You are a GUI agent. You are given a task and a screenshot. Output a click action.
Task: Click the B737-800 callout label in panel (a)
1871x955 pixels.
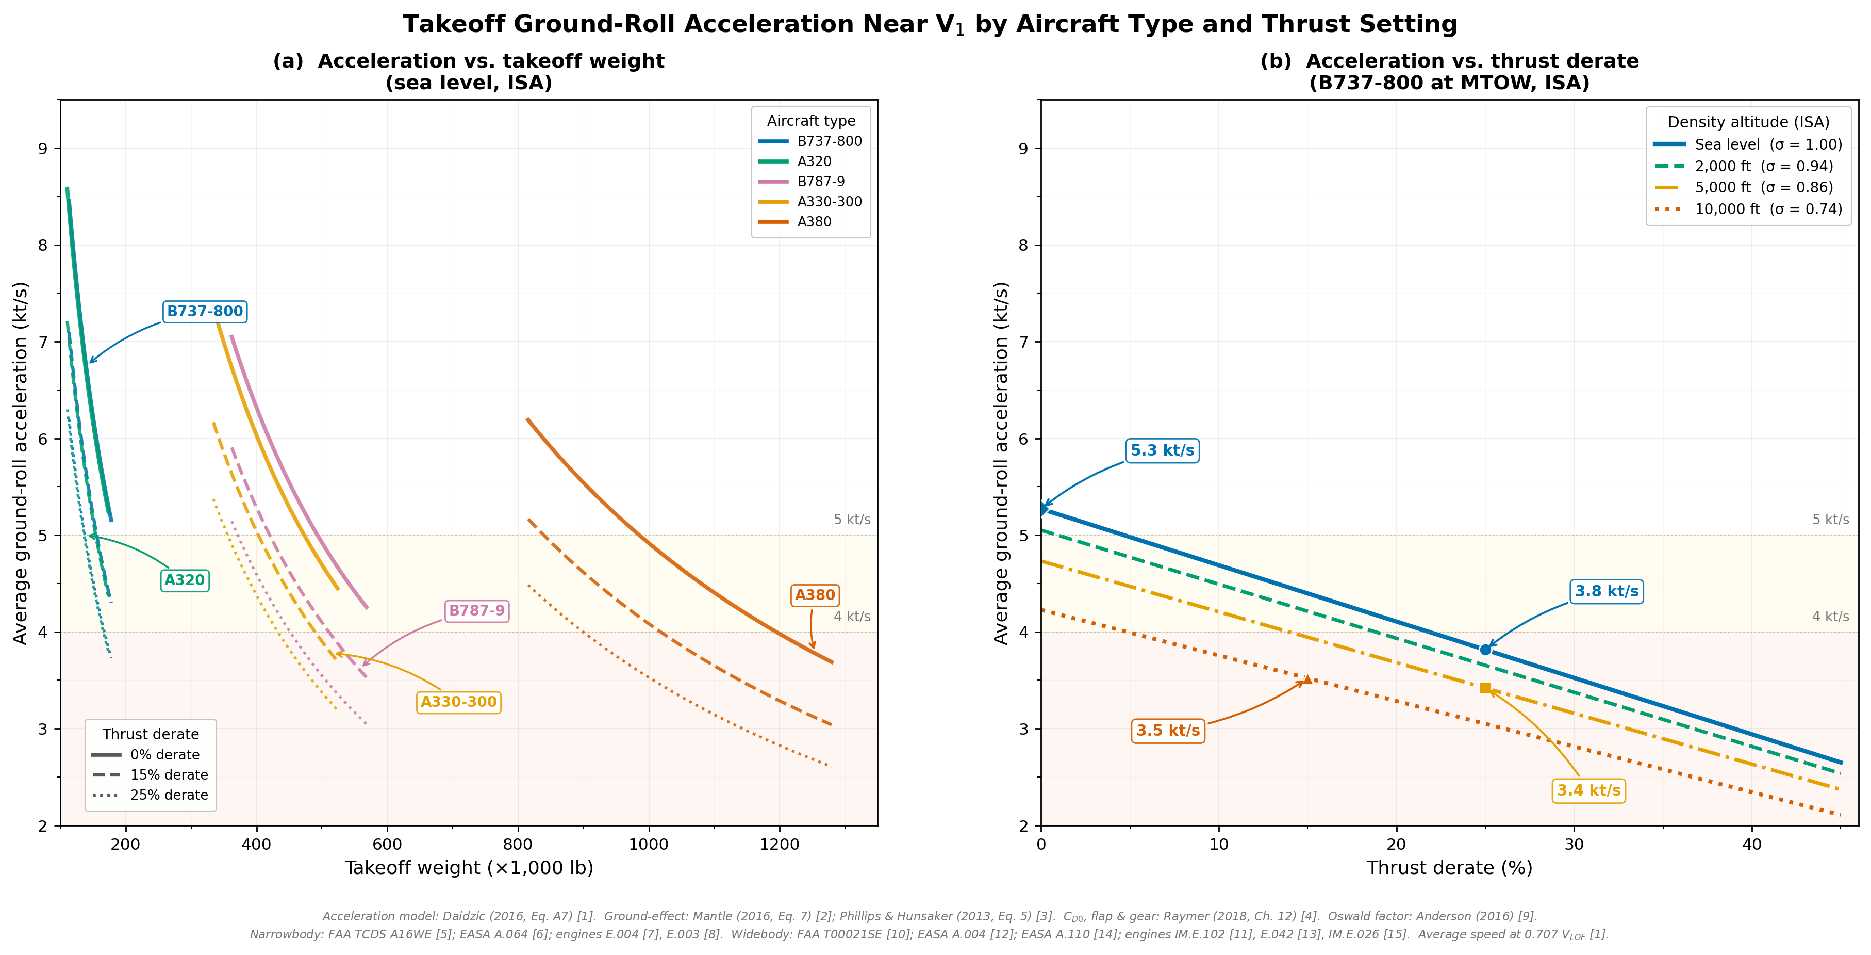[x=205, y=311]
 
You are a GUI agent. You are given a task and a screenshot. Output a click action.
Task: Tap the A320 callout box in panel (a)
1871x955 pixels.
[x=185, y=580]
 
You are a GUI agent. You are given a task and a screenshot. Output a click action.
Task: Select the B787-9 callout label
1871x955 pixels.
[x=476, y=610]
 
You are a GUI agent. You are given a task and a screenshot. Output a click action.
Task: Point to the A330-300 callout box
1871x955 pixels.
[x=458, y=702]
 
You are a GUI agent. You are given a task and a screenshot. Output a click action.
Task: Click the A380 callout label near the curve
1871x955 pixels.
[x=815, y=595]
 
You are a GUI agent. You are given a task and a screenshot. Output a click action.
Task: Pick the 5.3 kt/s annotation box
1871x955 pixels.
[x=1162, y=450]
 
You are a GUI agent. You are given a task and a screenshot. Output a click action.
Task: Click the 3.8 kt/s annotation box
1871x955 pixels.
[x=1607, y=592]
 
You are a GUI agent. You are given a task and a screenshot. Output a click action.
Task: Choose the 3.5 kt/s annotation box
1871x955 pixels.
[x=1168, y=731]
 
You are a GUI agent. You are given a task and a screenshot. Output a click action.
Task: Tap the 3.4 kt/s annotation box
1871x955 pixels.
[x=1588, y=791]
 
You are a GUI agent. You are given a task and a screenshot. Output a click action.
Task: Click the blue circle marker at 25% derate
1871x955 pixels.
[x=1485, y=650]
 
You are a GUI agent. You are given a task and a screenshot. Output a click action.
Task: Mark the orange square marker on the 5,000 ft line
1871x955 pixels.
[x=1485, y=688]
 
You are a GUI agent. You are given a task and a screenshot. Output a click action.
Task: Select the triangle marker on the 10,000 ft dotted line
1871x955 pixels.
[x=1307, y=679]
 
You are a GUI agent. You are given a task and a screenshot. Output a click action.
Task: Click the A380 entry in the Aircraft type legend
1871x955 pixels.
[x=814, y=222]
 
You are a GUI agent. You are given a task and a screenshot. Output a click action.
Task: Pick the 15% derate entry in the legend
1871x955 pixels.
[x=169, y=775]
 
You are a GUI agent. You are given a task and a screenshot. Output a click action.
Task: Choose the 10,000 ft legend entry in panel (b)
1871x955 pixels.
[x=1768, y=209]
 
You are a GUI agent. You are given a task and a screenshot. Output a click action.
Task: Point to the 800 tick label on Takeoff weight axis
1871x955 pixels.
[x=518, y=845]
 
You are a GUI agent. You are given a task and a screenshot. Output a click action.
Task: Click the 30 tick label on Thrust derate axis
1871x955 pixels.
[x=1574, y=845]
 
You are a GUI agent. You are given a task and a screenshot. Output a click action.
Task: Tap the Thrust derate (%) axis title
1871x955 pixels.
[x=1449, y=868]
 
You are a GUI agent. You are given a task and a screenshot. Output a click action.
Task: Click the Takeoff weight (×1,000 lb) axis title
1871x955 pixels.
[x=469, y=868]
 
